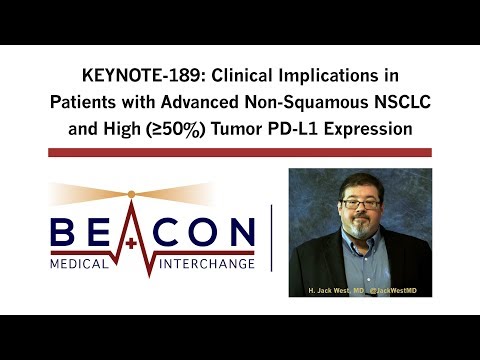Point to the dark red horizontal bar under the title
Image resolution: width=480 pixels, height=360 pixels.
pyautogui.click(x=240, y=152)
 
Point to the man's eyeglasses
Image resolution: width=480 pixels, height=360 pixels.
pyautogui.click(x=359, y=205)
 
